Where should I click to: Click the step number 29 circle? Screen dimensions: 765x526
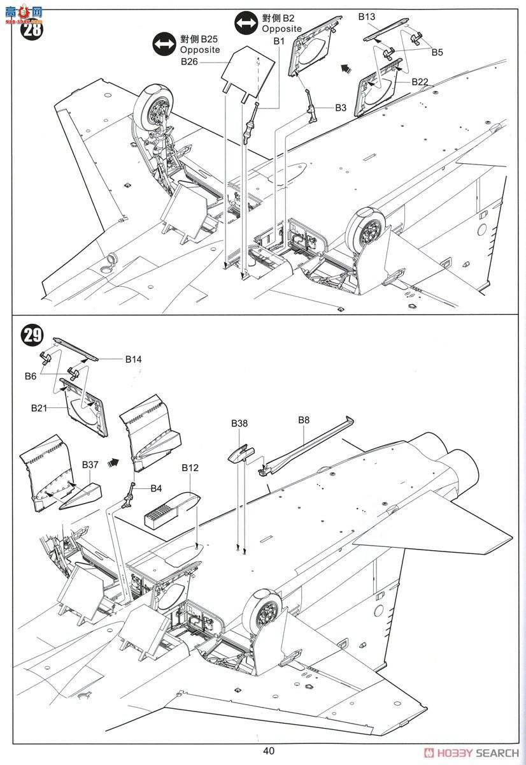click(31, 335)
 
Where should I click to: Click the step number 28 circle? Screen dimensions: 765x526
click(30, 30)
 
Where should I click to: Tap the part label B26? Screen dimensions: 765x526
click(189, 62)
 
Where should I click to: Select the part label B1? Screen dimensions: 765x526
click(278, 41)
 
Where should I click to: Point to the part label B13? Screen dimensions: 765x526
click(366, 17)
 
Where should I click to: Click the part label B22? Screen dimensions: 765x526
click(420, 82)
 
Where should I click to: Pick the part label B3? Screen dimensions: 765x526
click(341, 108)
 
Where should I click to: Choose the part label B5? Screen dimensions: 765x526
click(436, 52)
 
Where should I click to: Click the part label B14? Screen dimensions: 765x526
click(133, 360)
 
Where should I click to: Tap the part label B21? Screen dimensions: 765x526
click(39, 407)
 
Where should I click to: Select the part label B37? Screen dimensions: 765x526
click(90, 464)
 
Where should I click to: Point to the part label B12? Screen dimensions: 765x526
click(190, 467)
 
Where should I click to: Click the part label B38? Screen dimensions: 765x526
click(239, 423)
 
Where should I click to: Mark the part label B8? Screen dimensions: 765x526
click(303, 419)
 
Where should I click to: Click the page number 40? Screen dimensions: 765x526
click(268, 750)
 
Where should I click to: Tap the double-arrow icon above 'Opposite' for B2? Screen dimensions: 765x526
click(245, 24)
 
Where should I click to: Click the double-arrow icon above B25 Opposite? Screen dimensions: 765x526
click(164, 44)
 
